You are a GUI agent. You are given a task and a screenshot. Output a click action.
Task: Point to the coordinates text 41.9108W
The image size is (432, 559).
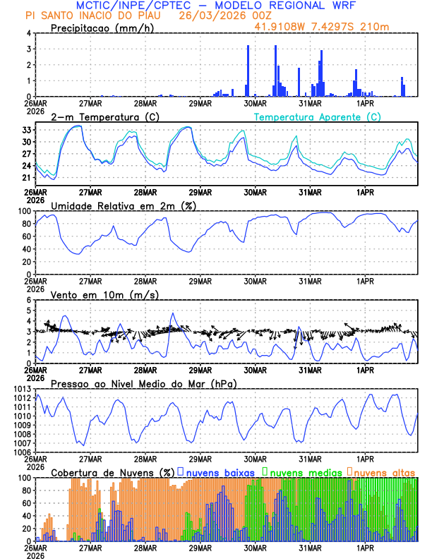pyautogui.click(x=283, y=28)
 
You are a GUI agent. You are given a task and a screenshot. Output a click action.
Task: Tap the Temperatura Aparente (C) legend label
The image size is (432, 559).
pyautogui.click(x=317, y=116)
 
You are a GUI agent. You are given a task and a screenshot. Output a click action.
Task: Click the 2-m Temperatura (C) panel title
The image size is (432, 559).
pyautogui.click(x=105, y=116)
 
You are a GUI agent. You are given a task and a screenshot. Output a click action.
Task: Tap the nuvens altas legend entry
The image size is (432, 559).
pyautogui.click(x=384, y=471)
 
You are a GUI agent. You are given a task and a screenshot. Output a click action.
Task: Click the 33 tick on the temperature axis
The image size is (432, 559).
pyautogui.click(x=26, y=130)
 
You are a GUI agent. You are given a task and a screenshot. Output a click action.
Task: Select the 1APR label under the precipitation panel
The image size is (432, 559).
pyautogui.click(x=365, y=102)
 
